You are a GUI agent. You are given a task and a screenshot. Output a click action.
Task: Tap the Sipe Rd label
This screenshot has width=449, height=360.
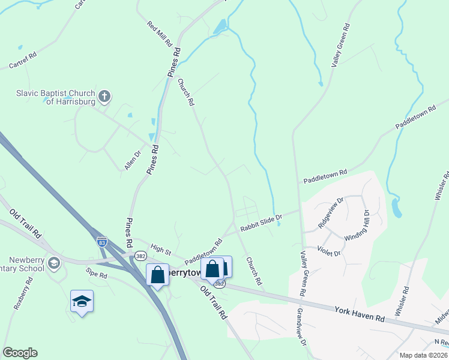96,274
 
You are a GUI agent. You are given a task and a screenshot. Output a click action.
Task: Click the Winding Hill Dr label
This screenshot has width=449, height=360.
357,226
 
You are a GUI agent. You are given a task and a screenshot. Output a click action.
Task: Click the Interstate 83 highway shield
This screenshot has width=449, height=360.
102,241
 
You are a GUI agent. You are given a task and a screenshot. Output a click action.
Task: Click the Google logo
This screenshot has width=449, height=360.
20,353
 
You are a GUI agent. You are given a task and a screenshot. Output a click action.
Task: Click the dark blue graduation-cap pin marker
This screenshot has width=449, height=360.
82,301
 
